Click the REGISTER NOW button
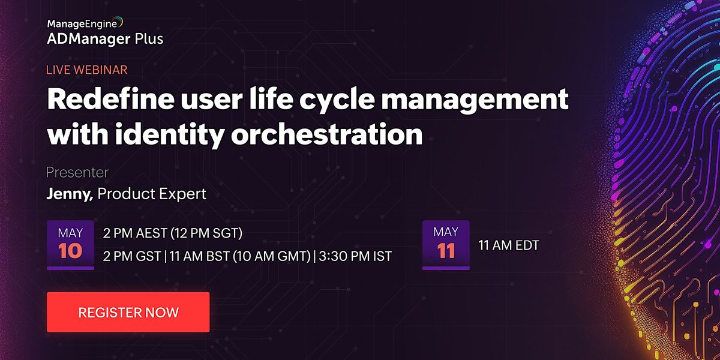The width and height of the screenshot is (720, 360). [128, 312]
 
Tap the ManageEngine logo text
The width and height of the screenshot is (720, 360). [84, 24]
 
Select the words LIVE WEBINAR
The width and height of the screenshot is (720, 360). [86, 70]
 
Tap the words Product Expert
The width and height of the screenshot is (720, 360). [152, 194]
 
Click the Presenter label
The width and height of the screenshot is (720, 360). [77, 173]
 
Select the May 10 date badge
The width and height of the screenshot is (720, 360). [70, 244]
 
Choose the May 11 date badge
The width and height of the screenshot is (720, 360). [446, 244]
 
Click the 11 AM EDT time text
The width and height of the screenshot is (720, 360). [509, 245]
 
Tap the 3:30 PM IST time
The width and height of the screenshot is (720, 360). [355, 256]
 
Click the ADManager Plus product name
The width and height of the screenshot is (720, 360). [105, 39]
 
